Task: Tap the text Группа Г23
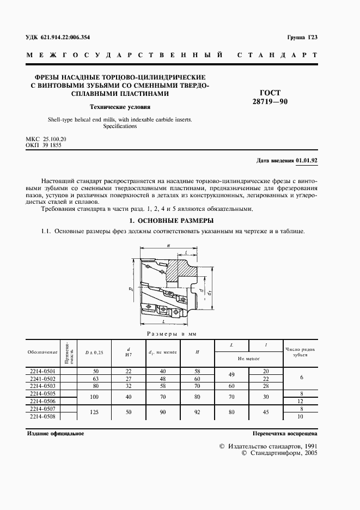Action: point(302,37)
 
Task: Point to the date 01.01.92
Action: point(307,160)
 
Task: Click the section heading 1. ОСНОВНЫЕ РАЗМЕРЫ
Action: point(170,221)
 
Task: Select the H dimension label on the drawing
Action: point(169,246)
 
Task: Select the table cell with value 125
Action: point(93,412)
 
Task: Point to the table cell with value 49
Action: point(232,374)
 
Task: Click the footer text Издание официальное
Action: point(55,434)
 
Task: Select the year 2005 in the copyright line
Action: point(307,452)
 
